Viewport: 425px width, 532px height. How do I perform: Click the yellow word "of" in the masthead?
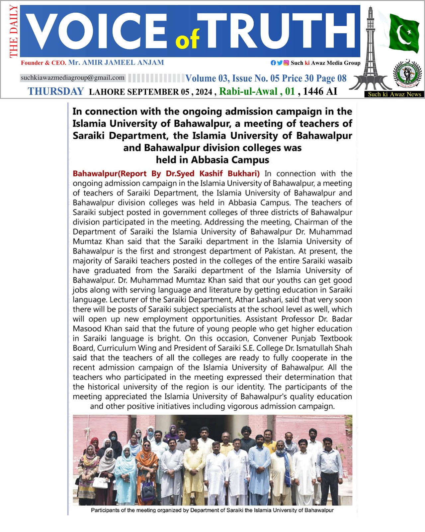188,39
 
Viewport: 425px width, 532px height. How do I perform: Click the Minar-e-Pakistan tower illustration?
370,50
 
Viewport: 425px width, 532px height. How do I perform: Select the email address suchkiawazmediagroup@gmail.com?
72,78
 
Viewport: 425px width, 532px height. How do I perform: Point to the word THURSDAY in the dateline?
56,91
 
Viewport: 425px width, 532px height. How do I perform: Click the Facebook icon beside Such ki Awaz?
273,63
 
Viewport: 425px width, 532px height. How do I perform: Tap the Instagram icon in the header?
286,63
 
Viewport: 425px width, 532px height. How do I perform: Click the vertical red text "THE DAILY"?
14,32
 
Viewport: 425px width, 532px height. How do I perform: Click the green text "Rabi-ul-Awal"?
248,91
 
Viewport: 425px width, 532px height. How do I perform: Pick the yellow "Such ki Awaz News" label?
394,94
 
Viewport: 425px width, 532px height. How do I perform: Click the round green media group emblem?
407,75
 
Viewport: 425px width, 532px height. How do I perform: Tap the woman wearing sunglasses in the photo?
146,465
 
